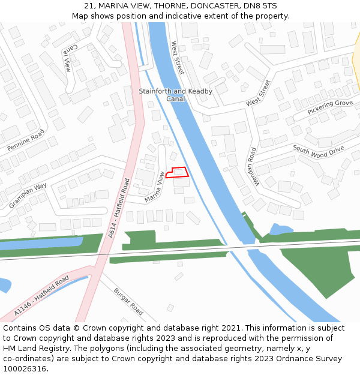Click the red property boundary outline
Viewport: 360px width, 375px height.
click(x=177, y=173)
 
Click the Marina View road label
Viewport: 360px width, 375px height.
click(x=154, y=186)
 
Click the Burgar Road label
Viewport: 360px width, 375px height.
click(x=129, y=302)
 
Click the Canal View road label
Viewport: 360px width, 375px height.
click(x=67, y=58)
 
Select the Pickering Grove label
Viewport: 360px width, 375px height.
click(x=330, y=107)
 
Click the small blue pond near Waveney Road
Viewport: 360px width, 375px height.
click(x=280, y=229)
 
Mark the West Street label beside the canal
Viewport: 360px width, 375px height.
click(x=178, y=58)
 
